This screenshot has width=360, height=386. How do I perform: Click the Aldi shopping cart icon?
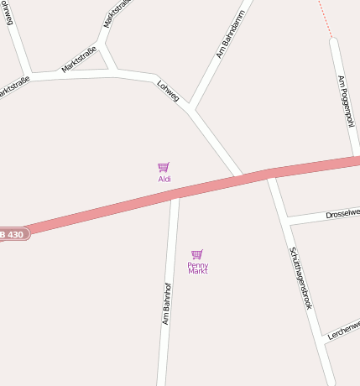[x=164, y=167]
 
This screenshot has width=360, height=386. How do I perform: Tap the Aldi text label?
[x=164, y=179]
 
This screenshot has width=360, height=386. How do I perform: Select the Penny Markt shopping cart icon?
[x=197, y=254]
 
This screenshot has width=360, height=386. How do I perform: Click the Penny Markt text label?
[x=198, y=269]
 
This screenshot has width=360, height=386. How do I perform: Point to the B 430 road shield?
[x=12, y=234]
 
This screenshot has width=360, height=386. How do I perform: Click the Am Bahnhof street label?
[x=167, y=303]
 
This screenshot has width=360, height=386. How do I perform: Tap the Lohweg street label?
[x=168, y=91]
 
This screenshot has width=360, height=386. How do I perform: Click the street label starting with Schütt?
[x=300, y=278]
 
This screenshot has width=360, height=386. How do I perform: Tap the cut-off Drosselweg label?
[x=342, y=214]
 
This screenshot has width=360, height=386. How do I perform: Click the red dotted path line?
[x=326, y=19]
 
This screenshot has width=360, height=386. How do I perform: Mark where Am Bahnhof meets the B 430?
[x=175, y=194]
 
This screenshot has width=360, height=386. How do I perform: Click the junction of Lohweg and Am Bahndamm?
[x=191, y=107]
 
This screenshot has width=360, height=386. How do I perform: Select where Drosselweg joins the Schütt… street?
[x=285, y=221]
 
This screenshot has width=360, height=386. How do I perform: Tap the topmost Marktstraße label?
[x=117, y=12]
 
